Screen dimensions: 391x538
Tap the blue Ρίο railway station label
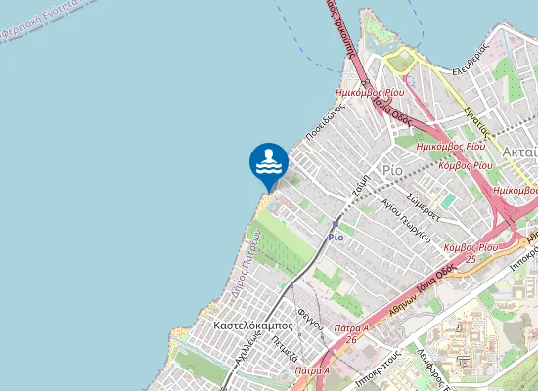pyautogui.click(x=336, y=237)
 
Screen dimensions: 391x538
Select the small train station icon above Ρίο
pyautogui.click(x=335, y=224)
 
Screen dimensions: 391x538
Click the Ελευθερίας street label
pyautogui.click(x=471, y=71)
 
